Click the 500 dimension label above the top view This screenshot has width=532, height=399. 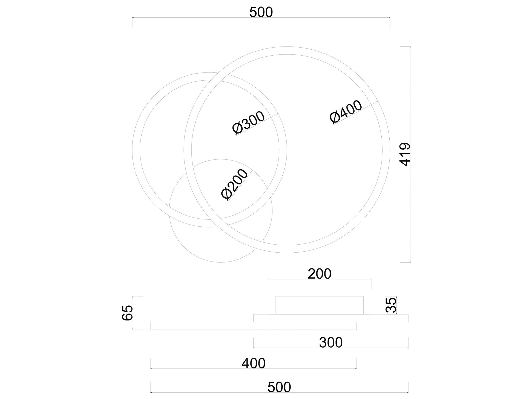pos(261,12)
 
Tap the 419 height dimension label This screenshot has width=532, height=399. pos(405,154)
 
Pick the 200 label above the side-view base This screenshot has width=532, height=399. pos(320,274)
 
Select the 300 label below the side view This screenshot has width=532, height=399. pos(331,343)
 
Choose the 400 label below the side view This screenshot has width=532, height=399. pos(254,363)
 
